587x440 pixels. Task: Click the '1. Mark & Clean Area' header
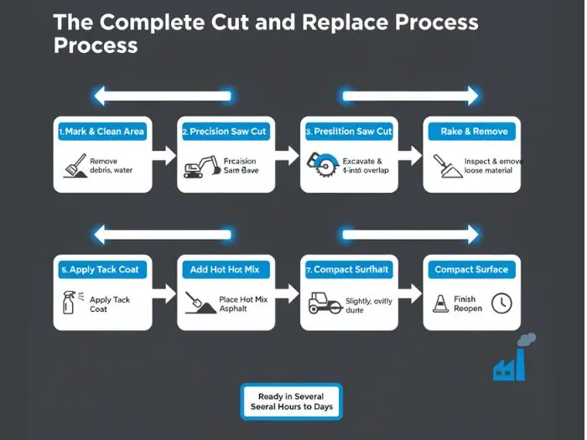tap(102, 132)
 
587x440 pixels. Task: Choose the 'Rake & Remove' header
tap(473, 132)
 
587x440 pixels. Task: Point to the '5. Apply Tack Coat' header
tap(102, 270)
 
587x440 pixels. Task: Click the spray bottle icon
tap(69, 303)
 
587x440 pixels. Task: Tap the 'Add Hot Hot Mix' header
tap(225, 270)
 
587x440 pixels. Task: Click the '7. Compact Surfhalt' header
tap(347, 270)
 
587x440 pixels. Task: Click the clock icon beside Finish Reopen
tap(501, 303)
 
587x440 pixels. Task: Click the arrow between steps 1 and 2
tap(165, 155)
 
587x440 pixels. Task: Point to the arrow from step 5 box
tap(165, 293)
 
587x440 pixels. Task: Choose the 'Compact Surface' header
tap(471, 270)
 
